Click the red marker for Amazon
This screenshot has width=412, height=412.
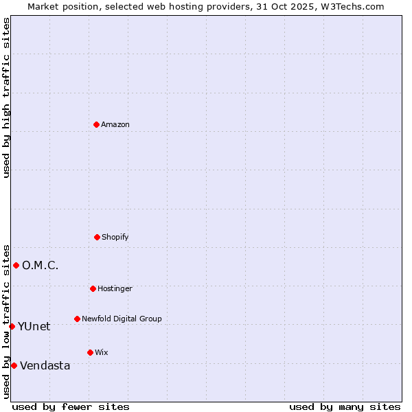pyautogui.click(x=96, y=124)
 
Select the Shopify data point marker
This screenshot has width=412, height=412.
pyautogui.click(x=97, y=237)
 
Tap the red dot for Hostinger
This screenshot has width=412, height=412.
pyautogui.click(x=93, y=288)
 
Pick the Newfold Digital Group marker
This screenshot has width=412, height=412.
pyautogui.click(x=77, y=319)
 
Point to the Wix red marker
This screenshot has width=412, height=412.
pyautogui.click(x=90, y=352)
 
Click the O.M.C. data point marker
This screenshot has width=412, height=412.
pyautogui.click(x=16, y=265)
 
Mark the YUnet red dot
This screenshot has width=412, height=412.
pyautogui.click(x=12, y=326)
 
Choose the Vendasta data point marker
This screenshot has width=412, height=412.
pyautogui.click(x=14, y=365)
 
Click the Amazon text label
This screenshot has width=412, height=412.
pyautogui.click(x=115, y=124)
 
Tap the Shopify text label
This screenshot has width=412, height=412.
pyautogui.click(x=115, y=237)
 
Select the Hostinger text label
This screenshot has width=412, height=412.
pyautogui.click(x=115, y=288)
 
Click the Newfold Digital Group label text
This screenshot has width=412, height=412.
pyautogui.click(x=122, y=319)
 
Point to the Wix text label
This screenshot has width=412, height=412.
pyautogui.click(x=102, y=352)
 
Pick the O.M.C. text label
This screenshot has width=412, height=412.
pyautogui.click(x=40, y=265)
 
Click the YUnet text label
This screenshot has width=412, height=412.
pyautogui.click(x=34, y=326)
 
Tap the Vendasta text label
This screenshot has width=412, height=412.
pyautogui.click(x=45, y=365)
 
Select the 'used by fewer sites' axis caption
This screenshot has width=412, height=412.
pyautogui.click(x=71, y=407)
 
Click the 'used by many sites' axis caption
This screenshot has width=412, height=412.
pyautogui.click(x=345, y=407)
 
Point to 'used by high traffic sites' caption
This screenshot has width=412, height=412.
pyautogui.click(x=6, y=98)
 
